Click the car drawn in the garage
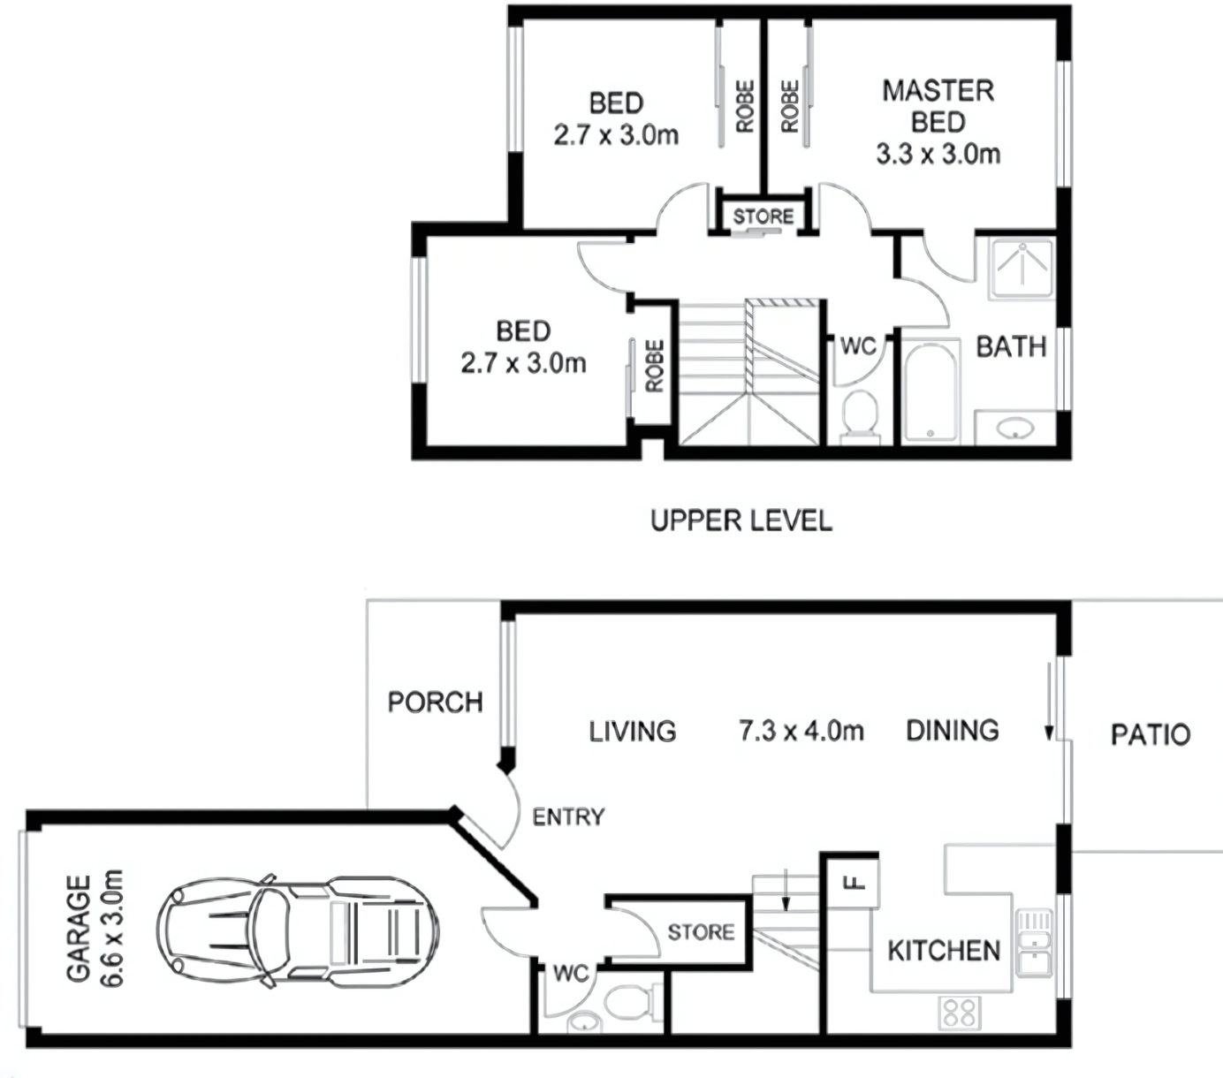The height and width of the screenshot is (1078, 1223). tap(298, 931)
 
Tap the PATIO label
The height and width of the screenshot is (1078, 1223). tap(1151, 734)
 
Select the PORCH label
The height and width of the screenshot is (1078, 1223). tap(436, 702)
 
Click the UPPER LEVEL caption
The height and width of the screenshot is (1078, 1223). tap(741, 520)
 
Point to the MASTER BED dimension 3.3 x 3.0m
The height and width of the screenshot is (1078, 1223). tap(938, 155)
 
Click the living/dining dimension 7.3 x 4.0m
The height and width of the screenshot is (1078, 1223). tap(801, 731)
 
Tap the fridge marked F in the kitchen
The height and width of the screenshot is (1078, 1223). tap(852, 884)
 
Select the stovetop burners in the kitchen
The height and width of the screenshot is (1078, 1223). tap(959, 1013)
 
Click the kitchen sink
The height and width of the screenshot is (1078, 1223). tap(1035, 944)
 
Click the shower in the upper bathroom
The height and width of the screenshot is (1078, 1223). tap(1022, 269)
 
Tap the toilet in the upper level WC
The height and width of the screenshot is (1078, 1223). tap(860, 413)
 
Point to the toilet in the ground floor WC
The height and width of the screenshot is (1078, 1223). tap(633, 1001)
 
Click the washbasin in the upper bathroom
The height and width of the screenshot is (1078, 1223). tap(1015, 428)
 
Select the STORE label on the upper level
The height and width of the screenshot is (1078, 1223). tap(763, 216)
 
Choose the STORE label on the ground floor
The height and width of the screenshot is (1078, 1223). tap(701, 932)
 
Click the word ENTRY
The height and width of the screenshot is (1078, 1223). tap(568, 816)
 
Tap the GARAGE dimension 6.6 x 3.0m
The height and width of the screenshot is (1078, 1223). tap(112, 929)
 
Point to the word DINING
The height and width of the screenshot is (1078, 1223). tap(953, 731)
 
